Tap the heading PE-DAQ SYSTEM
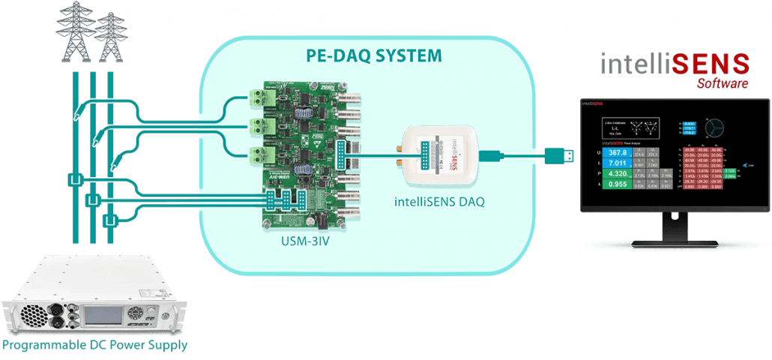374,56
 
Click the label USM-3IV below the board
300,241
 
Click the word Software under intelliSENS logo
722,83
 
